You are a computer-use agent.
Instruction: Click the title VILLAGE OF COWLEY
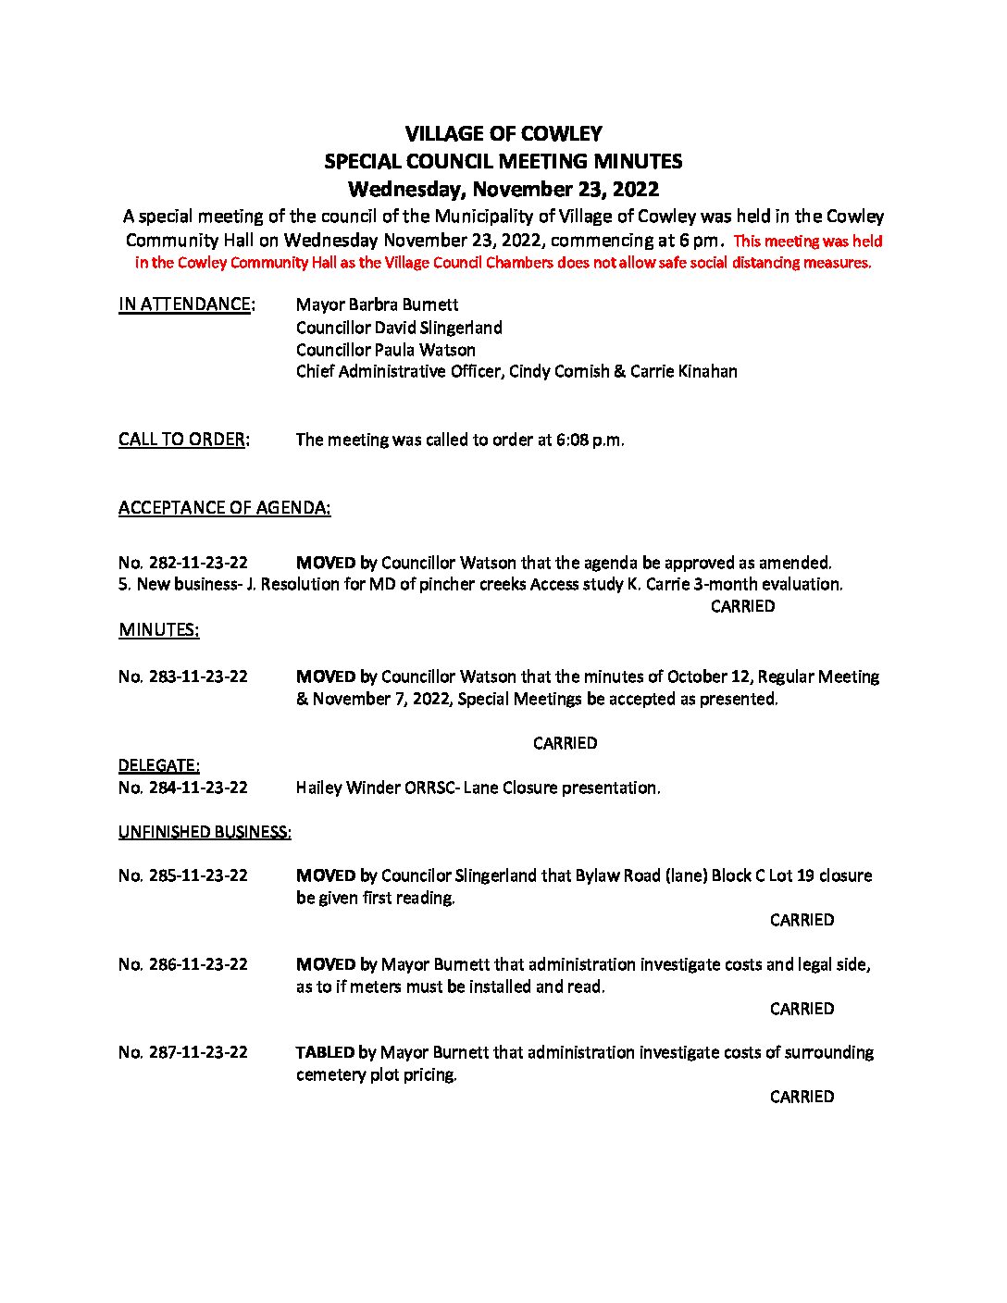[503, 134]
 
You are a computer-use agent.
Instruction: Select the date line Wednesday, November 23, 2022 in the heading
[503, 190]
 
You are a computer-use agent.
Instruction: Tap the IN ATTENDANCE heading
[186, 304]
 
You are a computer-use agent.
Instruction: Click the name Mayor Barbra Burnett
[377, 304]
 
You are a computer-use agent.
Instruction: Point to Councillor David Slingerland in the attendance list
[399, 328]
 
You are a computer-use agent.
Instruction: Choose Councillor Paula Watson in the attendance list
[385, 350]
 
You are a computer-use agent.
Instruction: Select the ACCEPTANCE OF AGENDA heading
[224, 507]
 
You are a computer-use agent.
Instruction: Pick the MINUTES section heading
[158, 630]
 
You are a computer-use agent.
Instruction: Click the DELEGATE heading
[158, 765]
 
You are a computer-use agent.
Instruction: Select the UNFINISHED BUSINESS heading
[205, 832]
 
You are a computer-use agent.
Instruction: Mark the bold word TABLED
[325, 1052]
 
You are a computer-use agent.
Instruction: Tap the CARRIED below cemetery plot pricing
[802, 1097]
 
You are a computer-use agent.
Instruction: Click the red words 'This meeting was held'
[808, 242]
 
